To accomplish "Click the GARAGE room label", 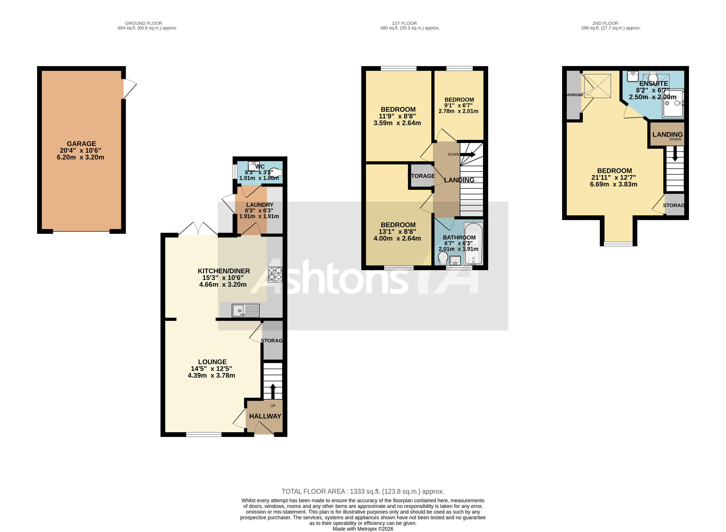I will pyautogui.click(x=81, y=144).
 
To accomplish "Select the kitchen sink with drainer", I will pyautogui.click(x=246, y=311).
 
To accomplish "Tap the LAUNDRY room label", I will pyautogui.click(x=260, y=205).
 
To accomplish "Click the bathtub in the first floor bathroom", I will pyautogui.click(x=473, y=244).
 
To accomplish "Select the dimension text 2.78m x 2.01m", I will pyautogui.click(x=458, y=111).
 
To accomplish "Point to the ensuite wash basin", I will pyautogui.click(x=633, y=76).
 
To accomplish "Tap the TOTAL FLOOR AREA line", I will pyautogui.click(x=363, y=491).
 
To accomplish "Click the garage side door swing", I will pyautogui.click(x=129, y=89).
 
